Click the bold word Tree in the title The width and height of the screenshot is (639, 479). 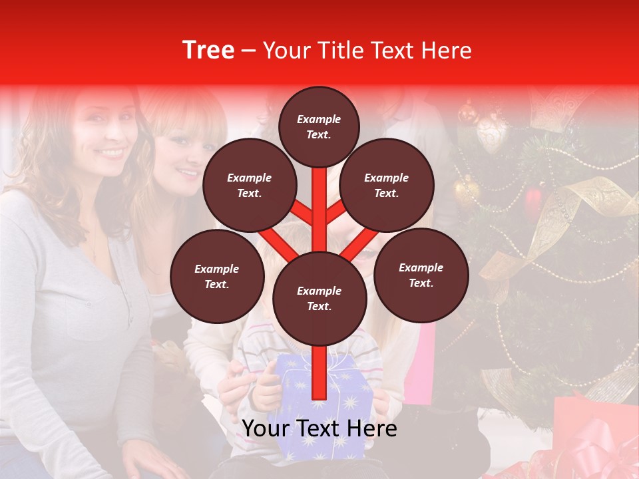coord(208,51)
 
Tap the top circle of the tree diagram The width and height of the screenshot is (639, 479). coord(319,126)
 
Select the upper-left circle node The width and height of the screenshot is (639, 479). coord(249,185)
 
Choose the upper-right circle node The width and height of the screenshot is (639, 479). coord(387,185)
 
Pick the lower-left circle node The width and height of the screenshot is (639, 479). coord(217,276)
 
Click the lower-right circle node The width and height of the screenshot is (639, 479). coord(421,275)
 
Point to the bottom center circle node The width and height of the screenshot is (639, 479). coord(319,298)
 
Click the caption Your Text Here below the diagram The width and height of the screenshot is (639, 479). coord(319,428)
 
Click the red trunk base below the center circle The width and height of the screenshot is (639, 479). coord(319,373)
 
